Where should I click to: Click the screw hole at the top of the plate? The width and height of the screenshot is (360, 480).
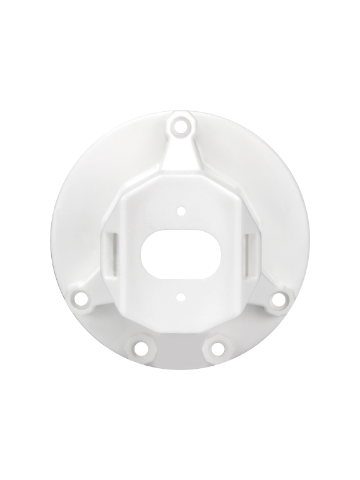click(181, 125)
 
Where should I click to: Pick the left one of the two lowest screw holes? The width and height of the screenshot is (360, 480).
click(139, 347)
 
